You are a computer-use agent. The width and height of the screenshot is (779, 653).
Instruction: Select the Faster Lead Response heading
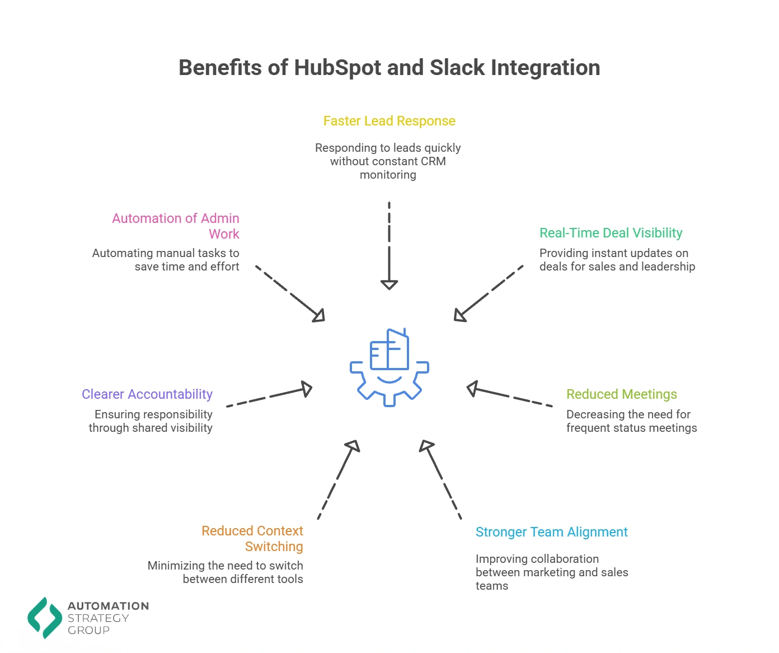[x=389, y=121]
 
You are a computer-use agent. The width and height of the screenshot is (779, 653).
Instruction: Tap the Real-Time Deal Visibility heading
[x=611, y=233]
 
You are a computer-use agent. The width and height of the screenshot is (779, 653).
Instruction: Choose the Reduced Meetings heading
[x=621, y=394]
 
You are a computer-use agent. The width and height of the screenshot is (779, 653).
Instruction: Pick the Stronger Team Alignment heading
[x=551, y=532]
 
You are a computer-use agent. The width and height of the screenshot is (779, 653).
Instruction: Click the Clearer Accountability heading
[x=147, y=394]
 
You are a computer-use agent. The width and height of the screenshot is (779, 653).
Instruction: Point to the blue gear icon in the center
[x=389, y=368]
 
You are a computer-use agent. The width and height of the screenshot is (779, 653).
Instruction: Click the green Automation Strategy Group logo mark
[x=45, y=618]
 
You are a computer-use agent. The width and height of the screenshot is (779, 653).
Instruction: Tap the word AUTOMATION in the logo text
[x=108, y=606]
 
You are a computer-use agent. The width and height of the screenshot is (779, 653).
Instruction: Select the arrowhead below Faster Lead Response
[x=389, y=284]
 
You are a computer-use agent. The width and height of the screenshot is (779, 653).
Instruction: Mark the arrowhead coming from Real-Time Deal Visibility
[x=459, y=315]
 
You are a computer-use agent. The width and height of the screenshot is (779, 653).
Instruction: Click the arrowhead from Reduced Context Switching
[x=353, y=446]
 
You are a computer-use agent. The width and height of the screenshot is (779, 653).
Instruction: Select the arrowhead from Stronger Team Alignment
[x=426, y=446]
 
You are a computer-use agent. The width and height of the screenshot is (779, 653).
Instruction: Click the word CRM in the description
[x=433, y=161]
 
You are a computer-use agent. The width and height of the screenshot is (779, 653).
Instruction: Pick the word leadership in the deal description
[x=668, y=267]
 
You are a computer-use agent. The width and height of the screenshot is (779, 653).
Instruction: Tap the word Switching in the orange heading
[x=274, y=547]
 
